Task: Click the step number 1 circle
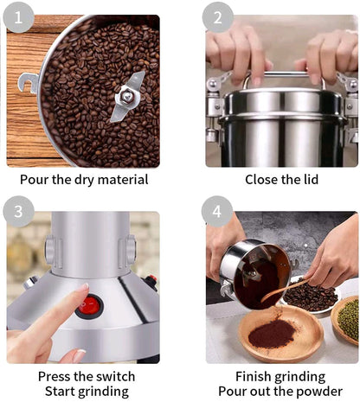click(18, 16)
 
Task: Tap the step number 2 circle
click(218, 16)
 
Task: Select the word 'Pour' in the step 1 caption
click(35, 180)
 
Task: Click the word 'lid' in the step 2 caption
click(307, 180)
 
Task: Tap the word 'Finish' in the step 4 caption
click(256, 377)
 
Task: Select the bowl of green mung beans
click(348, 317)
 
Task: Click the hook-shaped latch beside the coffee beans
click(29, 84)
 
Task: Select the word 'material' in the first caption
click(119, 180)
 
